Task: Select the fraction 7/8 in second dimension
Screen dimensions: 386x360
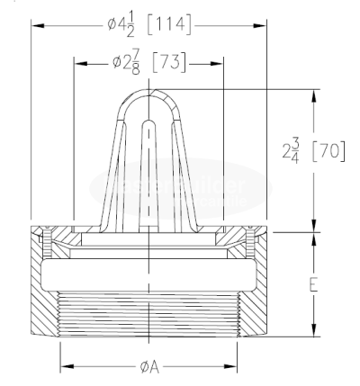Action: (136, 63)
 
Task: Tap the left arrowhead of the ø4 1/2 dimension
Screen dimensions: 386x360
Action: (36, 24)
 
